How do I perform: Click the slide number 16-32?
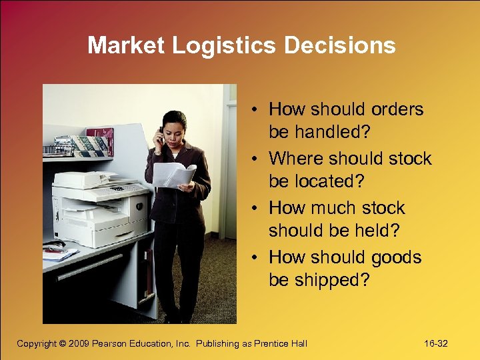pyautogui.click(x=435, y=343)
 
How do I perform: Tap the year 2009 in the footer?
pyautogui.click(x=79, y=343)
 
